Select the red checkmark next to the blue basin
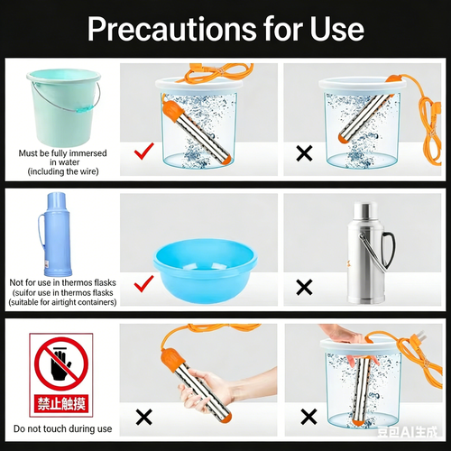point(142,285)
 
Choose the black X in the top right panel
point(304,152)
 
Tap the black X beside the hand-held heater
point(142,416)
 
